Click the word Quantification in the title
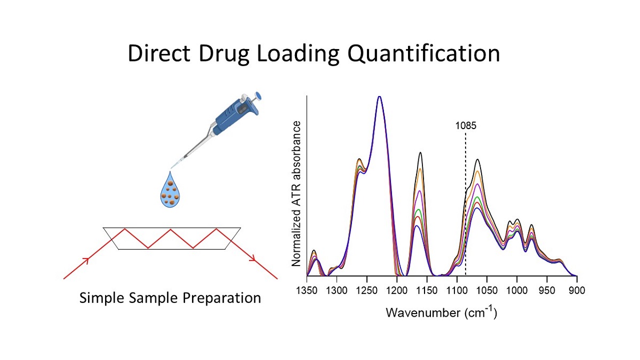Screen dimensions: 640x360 pos(423,53)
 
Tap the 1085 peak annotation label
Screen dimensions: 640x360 pos(466,126)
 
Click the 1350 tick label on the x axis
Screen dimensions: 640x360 pos(307,291)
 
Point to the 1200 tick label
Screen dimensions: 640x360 pos(397,291)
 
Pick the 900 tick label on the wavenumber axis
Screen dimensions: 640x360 pos(577,291)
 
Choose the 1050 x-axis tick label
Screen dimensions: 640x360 pos(487,291)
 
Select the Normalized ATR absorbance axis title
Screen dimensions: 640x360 pos(297,194)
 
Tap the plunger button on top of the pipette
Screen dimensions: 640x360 pos(258,95)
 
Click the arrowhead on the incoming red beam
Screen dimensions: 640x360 pos(86,260)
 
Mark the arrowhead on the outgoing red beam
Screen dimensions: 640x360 pos(253,259)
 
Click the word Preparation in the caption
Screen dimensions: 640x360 pos(222,298)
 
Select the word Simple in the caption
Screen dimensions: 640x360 pos(102,298)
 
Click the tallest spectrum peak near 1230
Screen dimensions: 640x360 pos(379,97)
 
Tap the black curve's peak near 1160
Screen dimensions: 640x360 pos(420,153)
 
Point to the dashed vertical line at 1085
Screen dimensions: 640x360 pos(466,204)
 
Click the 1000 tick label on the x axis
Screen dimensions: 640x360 pos(517,291)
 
